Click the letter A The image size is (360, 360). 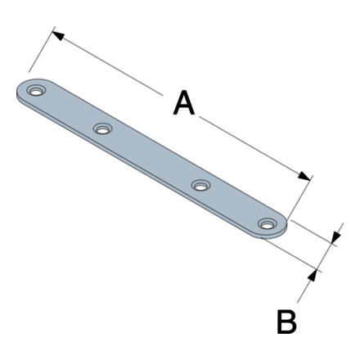184,102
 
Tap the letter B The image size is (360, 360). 286,322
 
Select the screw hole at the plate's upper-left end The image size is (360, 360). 36,90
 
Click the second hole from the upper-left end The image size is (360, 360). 102,128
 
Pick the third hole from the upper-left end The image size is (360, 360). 201,185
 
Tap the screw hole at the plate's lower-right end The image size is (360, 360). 268,223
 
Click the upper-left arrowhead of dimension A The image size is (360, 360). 58,36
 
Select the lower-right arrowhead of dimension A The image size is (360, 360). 304,176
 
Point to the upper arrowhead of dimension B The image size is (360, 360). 335,236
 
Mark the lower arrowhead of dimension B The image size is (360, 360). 313,276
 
